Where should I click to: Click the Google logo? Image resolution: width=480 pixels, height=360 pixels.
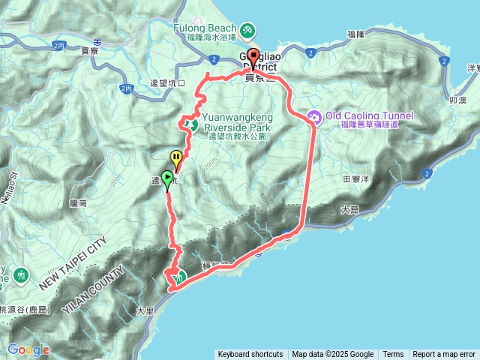pos(28,349)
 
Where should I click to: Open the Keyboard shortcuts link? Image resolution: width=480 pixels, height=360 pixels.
pos(250,355)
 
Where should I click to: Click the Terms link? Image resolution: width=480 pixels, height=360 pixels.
pos(393,355)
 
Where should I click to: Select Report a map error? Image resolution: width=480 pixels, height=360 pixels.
pos(444,355)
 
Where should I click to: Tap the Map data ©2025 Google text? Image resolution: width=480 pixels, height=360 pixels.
pos(333,355)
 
